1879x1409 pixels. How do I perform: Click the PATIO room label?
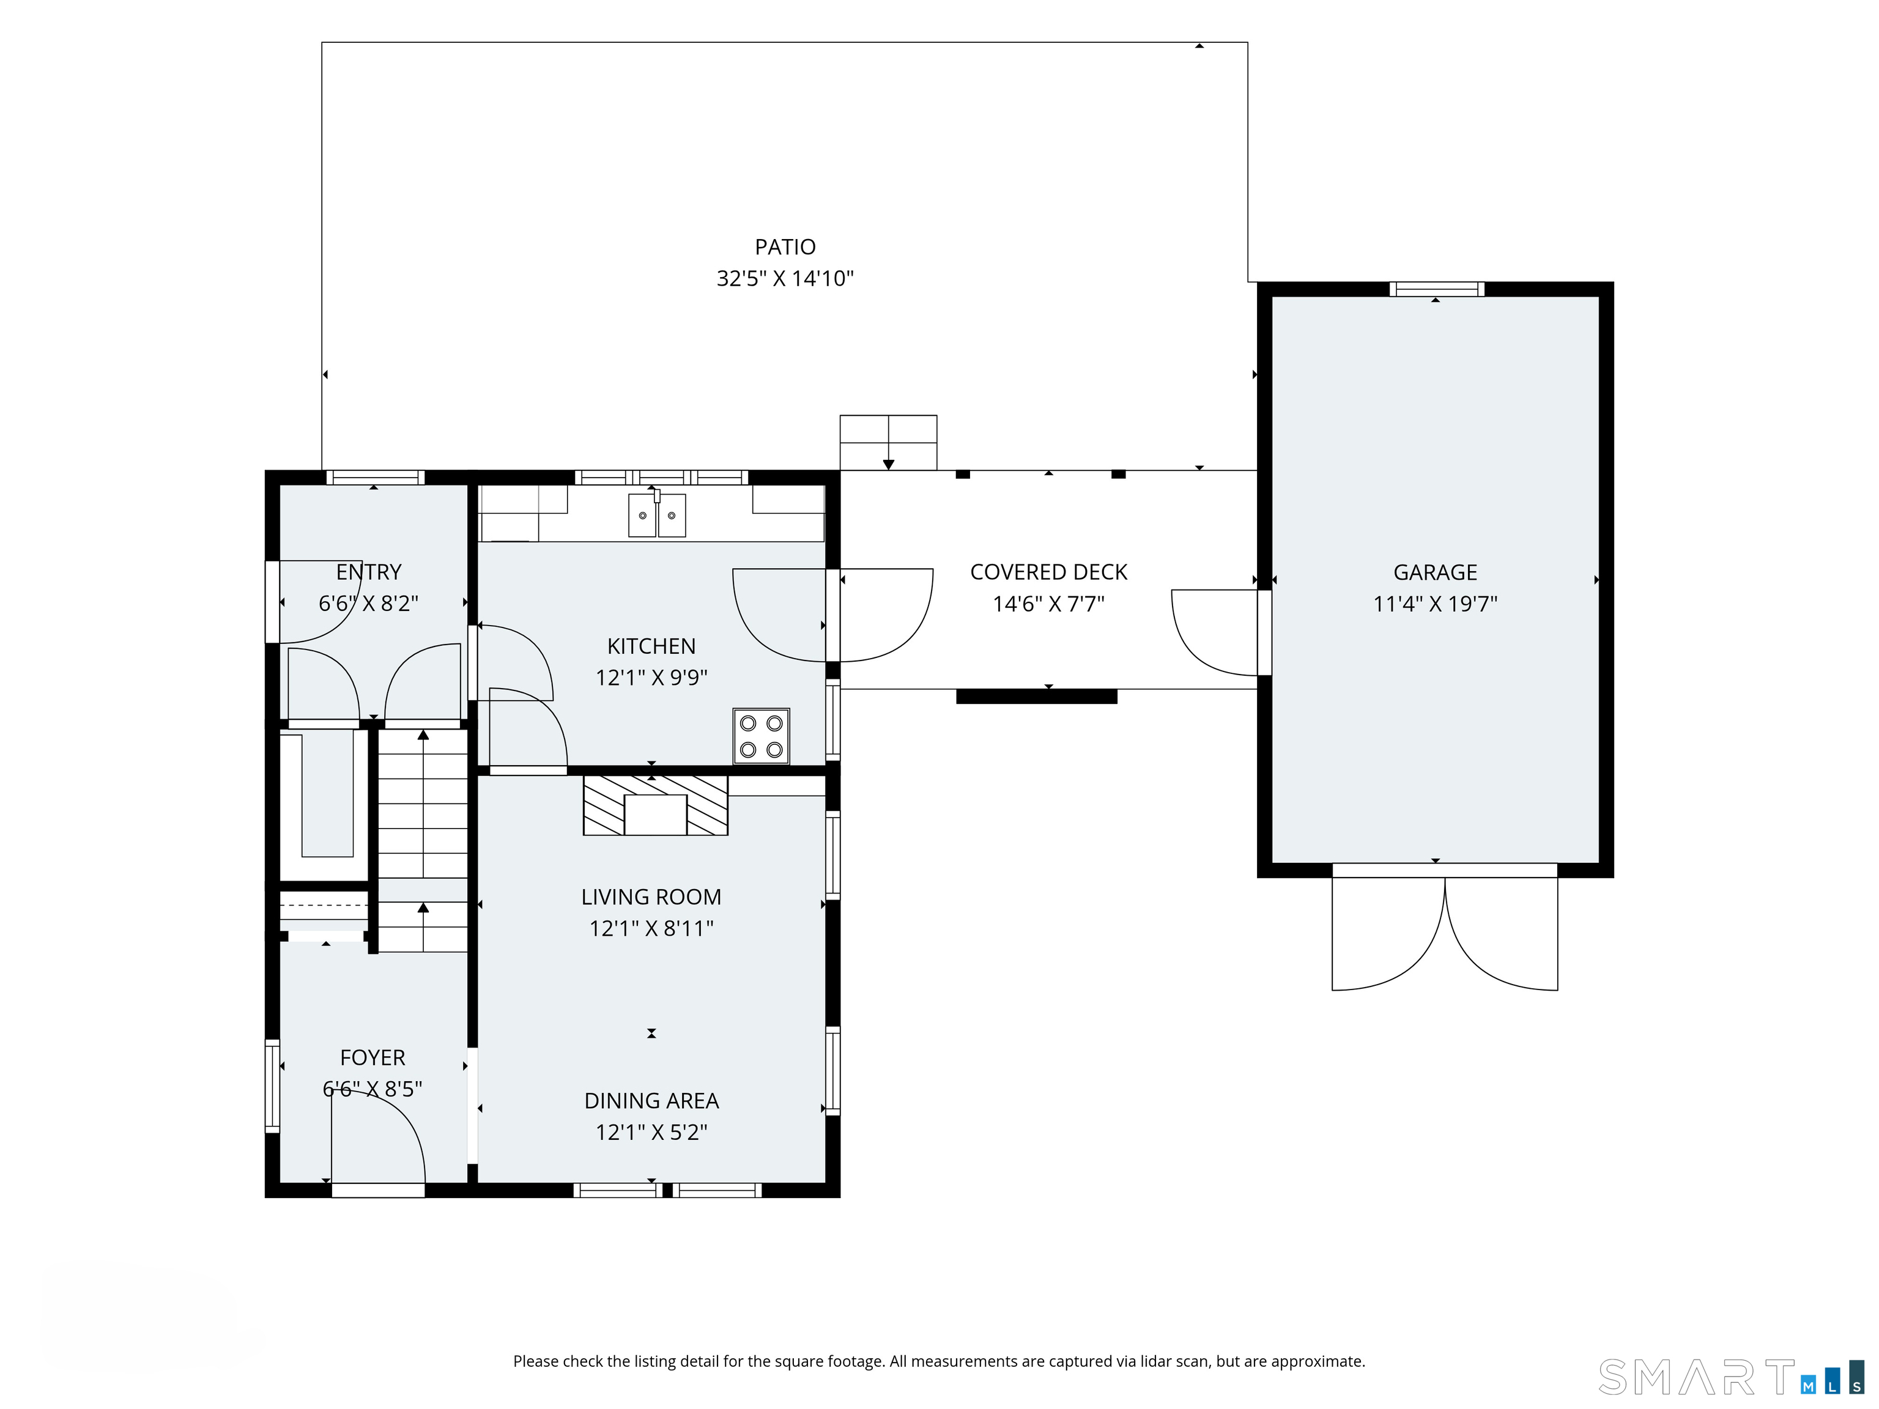(x=785, y=247)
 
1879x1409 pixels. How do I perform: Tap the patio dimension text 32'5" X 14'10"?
(x=785, y=279)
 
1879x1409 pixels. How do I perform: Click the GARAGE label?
(x=1435, y=572)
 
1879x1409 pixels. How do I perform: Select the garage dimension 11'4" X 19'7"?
(x=1435, y=604)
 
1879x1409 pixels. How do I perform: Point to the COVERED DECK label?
(x=1048, y=572)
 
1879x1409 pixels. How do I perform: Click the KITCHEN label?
(x=651, y=646)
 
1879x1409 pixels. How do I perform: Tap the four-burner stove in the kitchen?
(x=761, y=736)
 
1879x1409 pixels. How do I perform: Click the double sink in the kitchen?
(x=657, y=515)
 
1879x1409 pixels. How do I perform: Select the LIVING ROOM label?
(x=651, y=897)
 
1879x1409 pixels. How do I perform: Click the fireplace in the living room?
(x=655, y=804)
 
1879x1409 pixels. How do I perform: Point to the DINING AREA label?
(x=651, y=1101)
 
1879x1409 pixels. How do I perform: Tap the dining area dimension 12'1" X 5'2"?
(x=651, y=1132)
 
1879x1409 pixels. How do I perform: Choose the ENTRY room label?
(x=369, y=572)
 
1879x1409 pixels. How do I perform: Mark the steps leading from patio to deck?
(x=889, y=443)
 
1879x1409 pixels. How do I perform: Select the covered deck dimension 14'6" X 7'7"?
(x=1048, y=604)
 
